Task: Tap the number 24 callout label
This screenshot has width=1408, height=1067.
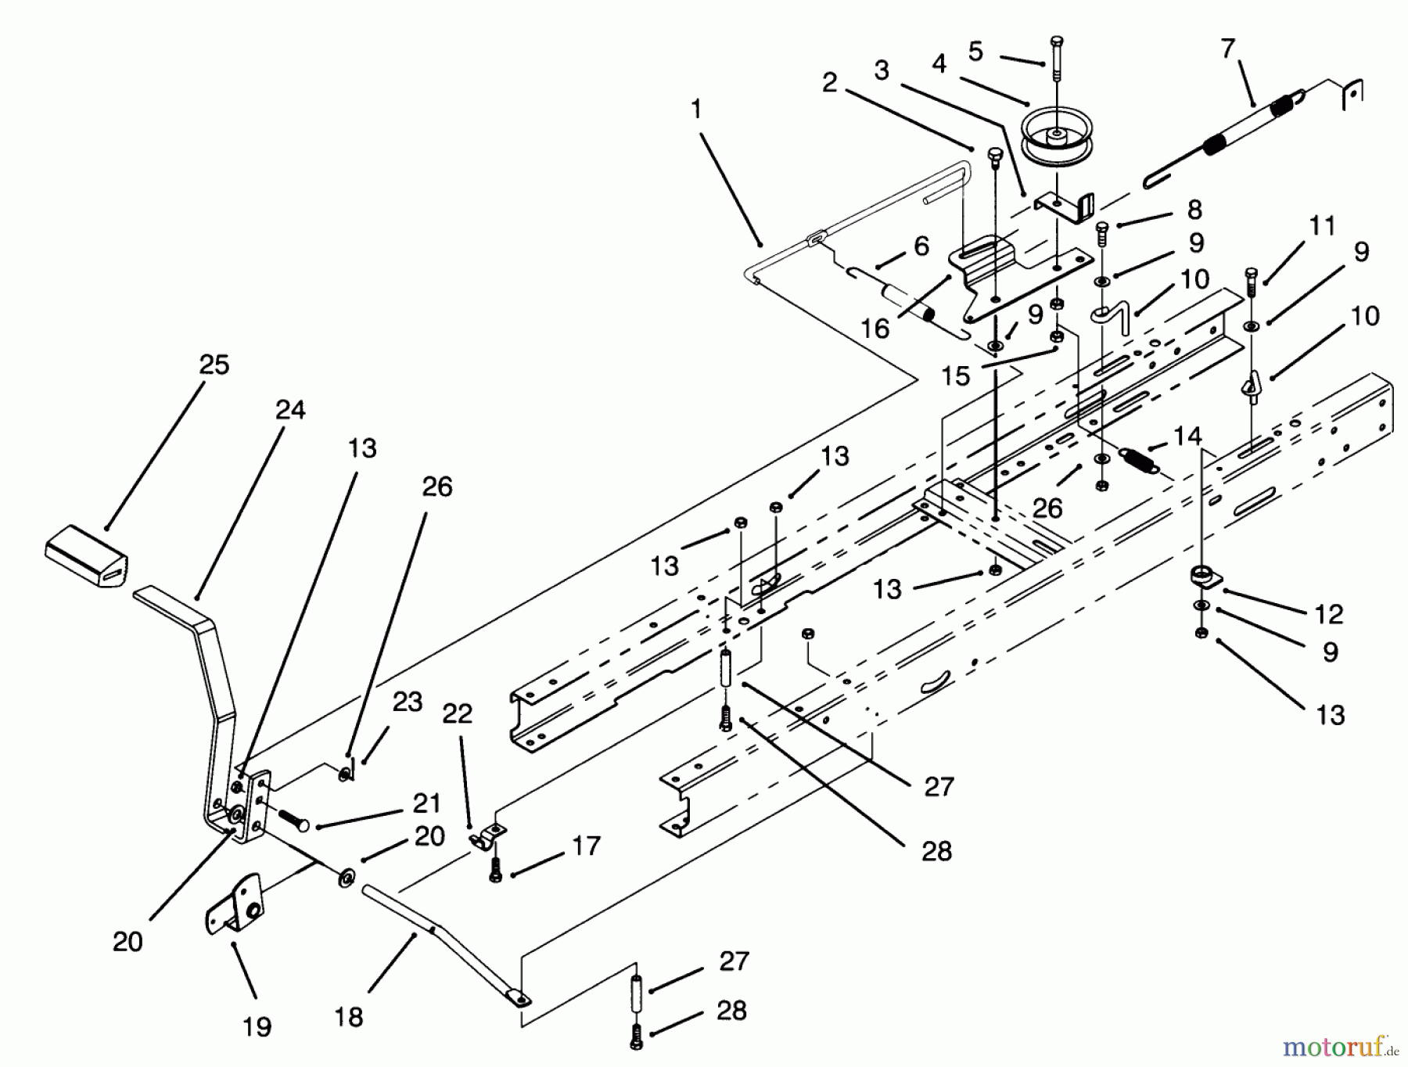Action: coord(290,410)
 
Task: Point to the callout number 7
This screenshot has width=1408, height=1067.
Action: coord(1227,48)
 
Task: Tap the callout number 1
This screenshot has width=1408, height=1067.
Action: coord(696,109)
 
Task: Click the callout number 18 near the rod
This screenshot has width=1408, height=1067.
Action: coord(349,1016)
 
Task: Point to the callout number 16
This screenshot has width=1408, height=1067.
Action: coord(875,329)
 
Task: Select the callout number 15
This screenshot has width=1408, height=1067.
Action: coord(955,376)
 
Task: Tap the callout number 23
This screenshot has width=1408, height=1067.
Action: coord(407,702)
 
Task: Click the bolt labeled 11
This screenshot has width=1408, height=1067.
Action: coord(1250,283)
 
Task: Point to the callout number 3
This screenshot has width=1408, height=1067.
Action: coord(882,70)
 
